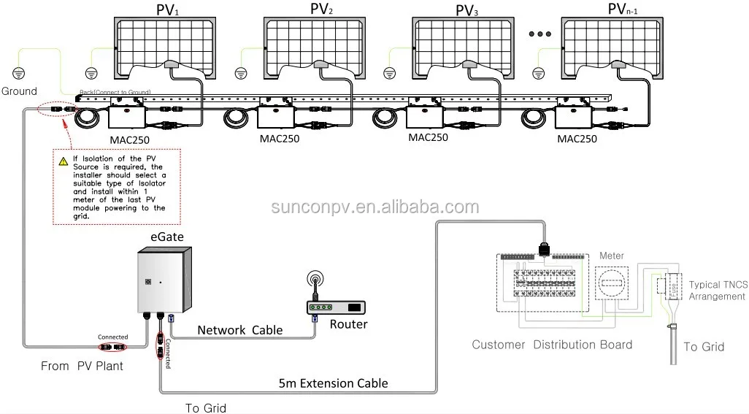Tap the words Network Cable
pyautogui.click(x=240, y=330)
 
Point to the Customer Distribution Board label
pyautogui.click(x=552, y=345)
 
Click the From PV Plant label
pyautogui.click(x=82, y=366)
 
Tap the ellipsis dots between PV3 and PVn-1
pyautogui.click(x=540, y=34)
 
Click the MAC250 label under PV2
pyautogui.click(x=280, y=139)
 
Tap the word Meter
pyautogui.click(x=611, y=256)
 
